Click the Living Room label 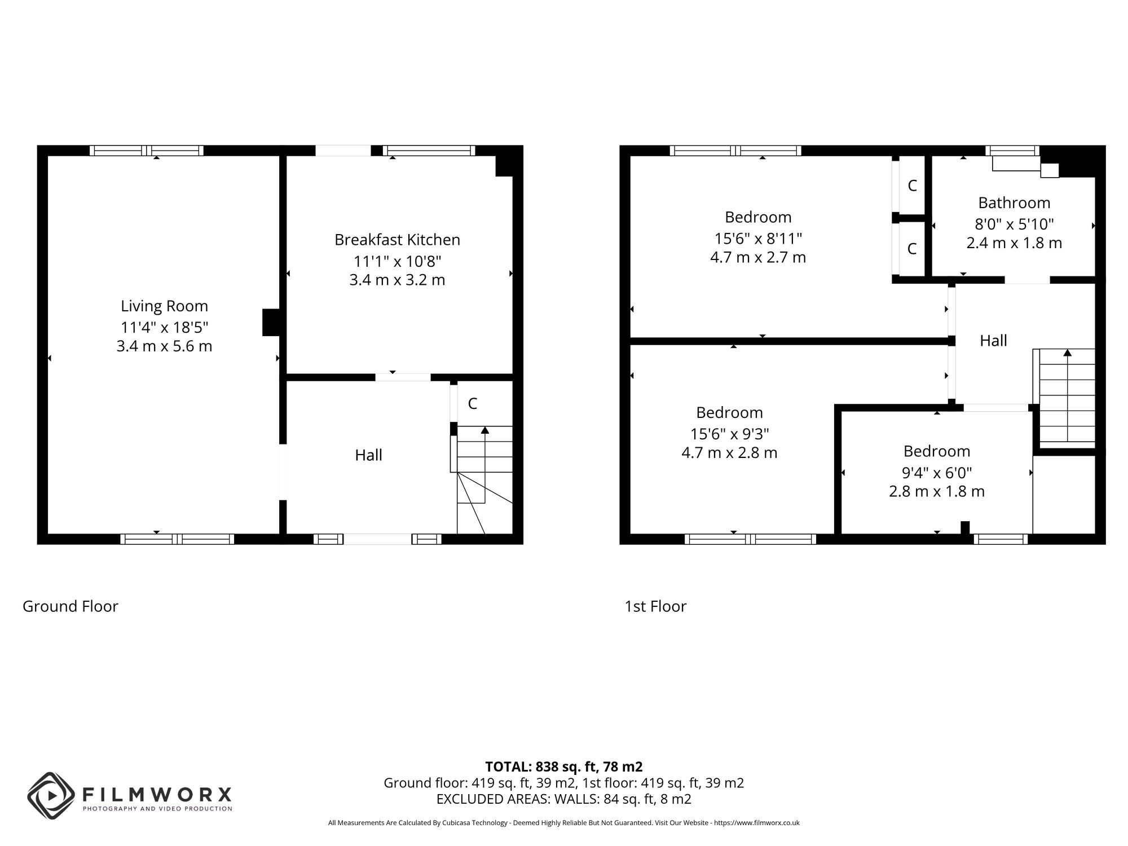tap(164, 306)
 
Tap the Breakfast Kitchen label tap(397, 240)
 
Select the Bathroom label tap(1014, 202)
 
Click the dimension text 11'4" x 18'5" tap(164, 327)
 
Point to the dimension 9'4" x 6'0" tap(937, 473)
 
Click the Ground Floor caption tap(70, 606)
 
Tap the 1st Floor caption tap(655, 606)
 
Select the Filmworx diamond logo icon tap(51, 795)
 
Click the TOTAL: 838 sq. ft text tap(563, 766)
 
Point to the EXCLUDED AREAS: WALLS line tap(563, 799)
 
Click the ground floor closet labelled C tap(473, 403)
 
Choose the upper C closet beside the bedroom tap(912, 186)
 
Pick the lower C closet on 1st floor tap(912, 249)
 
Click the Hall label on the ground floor tap(368, 455)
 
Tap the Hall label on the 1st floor tap(993, 341)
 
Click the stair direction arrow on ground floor tap(484, 430)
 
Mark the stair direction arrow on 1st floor tap(1067, 353)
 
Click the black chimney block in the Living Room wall tap(271, 322)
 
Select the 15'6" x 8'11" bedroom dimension tap(758, 239)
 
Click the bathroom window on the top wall tap(1012, 151)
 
